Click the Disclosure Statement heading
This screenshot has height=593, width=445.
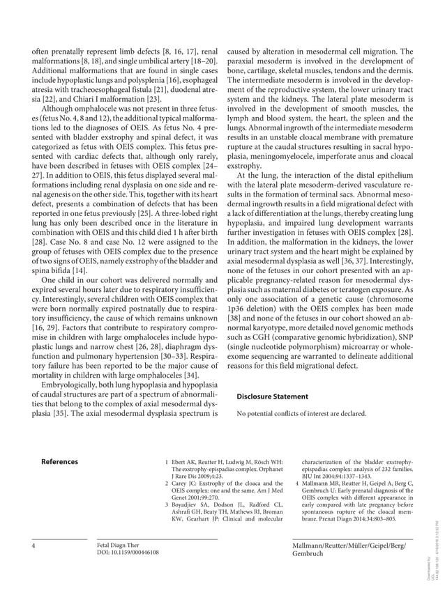pyautogui.click(x=272, y=396)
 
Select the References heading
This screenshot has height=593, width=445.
pyautogui.click(x=59, y=461)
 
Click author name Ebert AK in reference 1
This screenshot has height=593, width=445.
pyautogui.click(x=183, y=461)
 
